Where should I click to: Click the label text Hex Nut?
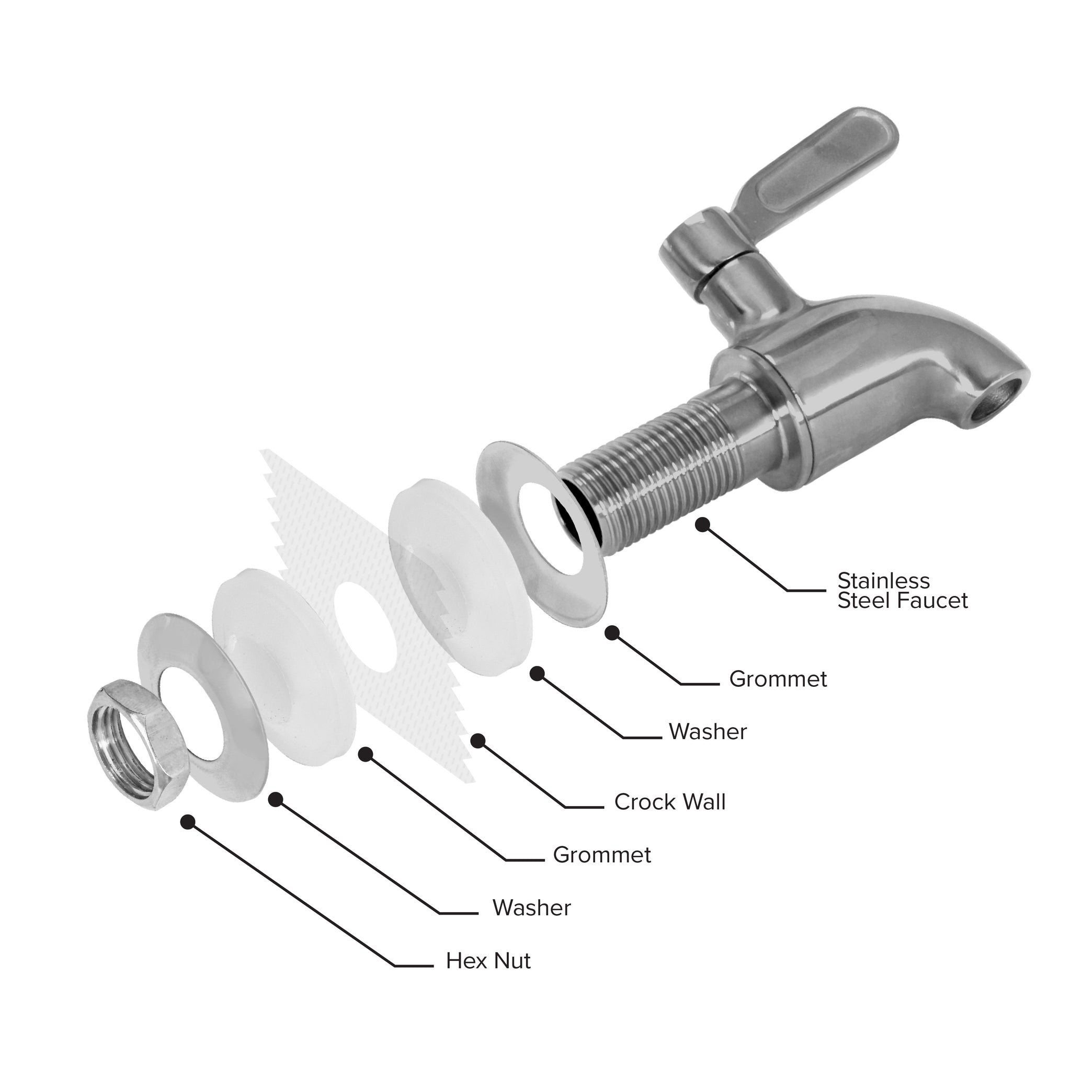[x=488, y=961]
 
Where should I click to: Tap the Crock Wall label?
[x=670, y=802]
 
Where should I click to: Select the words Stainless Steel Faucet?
[x=903, y=591]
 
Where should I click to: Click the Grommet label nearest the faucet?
[x=778, y=679]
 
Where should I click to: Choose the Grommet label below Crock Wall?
[x=602, y=855]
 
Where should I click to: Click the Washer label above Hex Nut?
[x=532, y=907]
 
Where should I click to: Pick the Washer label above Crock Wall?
[x=708, y=731]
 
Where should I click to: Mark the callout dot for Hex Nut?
[x=188, y=822]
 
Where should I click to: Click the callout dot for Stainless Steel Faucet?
[x=703, y=525]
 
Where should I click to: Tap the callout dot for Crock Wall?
[x=478, y=741]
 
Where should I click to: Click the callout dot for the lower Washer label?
[x=276, y=799]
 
